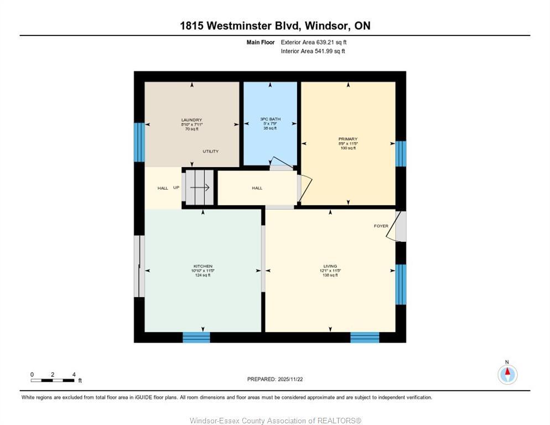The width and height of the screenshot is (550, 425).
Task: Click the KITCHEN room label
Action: (203, 266)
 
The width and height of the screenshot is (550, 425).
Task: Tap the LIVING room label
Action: (330, 266)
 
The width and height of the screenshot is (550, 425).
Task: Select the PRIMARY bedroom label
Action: (348, 139)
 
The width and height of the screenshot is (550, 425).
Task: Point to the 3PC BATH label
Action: (270, 119)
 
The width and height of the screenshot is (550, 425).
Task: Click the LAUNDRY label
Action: (191, 120)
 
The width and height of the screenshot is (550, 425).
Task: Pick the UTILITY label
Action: (210, 151)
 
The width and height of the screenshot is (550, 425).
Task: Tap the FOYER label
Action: (381, 226)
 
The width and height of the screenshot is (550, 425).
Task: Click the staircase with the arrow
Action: (199, 188)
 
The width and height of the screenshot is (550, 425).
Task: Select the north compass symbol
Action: (507, 374)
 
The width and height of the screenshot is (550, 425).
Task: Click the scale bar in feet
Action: (53, 380)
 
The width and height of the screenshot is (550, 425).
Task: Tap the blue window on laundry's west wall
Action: (139, 142)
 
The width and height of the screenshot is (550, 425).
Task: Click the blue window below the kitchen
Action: (196, 337)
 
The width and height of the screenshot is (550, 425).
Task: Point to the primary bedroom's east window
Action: (401, 153)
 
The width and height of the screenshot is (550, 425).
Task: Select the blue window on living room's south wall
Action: (365, 337)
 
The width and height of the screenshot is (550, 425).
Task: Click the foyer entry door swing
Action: (395, 227)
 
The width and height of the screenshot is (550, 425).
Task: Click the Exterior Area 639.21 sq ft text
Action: (314, 42)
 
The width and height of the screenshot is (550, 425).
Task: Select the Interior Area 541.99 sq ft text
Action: (313, 51)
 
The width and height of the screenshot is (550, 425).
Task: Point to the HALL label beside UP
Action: (163, 188)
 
